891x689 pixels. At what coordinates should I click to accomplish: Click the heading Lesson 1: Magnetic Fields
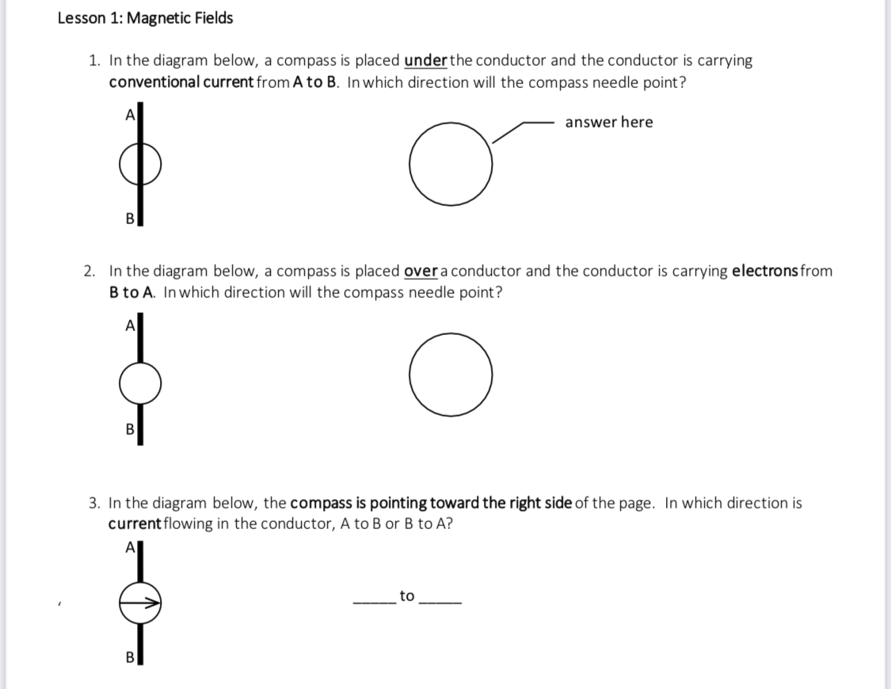point(145,18)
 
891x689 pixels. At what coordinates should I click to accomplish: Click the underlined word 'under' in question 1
point(426,61)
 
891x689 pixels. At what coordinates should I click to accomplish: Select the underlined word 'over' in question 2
point(421,272)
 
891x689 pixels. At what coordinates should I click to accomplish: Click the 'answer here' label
point(609,122)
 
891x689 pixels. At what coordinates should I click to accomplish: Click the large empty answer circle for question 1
point(451,162)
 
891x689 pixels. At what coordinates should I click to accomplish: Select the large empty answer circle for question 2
point(451,375)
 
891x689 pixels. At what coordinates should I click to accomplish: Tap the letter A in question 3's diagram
point(129,549)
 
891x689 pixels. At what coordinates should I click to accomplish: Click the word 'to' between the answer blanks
point(407,596)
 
